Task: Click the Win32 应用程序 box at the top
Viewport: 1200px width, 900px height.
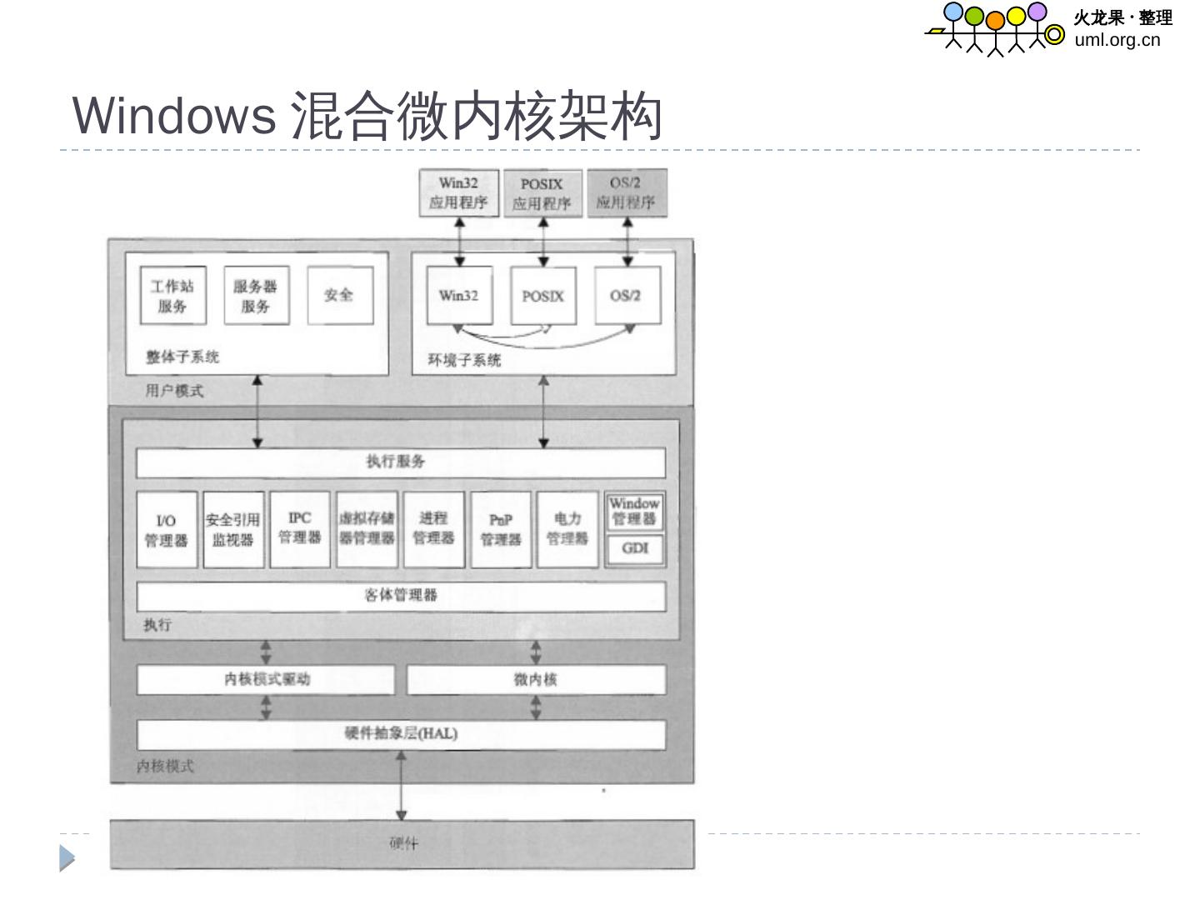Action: click(x=458, y=193)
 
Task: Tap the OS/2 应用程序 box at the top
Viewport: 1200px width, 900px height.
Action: click(x=627, y=193)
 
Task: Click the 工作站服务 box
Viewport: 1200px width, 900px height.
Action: click(x=172, y=296)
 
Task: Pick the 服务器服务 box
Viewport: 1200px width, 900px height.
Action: click(x=256, y=296)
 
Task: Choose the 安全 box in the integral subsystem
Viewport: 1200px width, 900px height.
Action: click(x=339, y=295)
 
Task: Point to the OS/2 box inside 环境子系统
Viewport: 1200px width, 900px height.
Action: click(x=627, y=296)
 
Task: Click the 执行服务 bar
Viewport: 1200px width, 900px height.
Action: click(x=400, y=462)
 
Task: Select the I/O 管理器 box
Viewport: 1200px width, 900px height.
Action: click(x=167, y=530)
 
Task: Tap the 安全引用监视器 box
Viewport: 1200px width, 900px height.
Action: click(x=233, y=530)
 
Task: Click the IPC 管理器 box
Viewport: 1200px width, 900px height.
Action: click(x=300, y=528)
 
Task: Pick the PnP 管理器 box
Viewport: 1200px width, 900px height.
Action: click(x=501, y=530)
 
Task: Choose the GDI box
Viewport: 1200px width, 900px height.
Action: click(x=635, y=548)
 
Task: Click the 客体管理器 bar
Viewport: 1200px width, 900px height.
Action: click(x=400, y=596)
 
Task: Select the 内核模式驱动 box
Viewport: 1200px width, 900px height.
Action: click(x=266, y=679)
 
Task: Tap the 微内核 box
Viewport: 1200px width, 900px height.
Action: click(x=536, y=679)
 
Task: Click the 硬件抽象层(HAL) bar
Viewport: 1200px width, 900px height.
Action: click(x=400, y=734)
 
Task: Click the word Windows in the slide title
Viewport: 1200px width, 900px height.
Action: click(x=174, y=115)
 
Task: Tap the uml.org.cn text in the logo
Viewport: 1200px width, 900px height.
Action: click(x=1117, y=39)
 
